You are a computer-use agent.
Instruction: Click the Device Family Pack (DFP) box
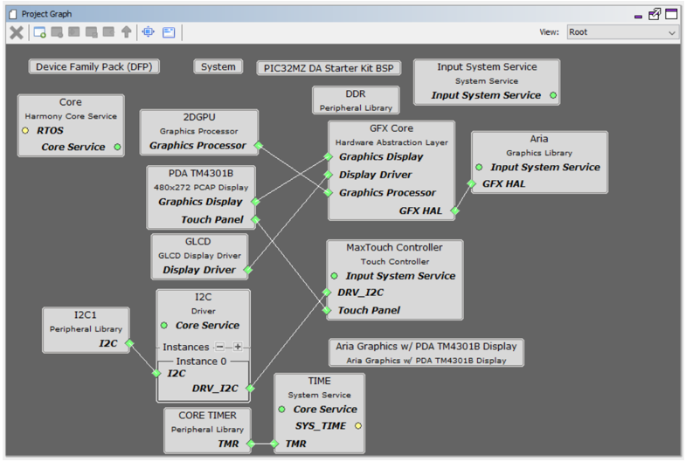pos(94,67)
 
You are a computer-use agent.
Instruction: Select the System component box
pos(218,67)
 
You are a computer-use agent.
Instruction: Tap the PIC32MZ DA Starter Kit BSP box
pos(329,68)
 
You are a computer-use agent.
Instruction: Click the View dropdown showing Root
pos(622,32)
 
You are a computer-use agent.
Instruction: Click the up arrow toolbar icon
pos(126,32)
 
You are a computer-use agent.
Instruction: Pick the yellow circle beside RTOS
pos(25,130)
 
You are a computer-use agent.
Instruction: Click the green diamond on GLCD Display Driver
pos(248,270)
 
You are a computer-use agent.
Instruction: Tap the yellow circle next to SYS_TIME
pos(358,425)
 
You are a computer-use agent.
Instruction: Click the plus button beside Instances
pos(238,347)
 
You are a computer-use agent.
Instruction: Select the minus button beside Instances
pos(219,347)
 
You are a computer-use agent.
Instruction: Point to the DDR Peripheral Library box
pos(356,100)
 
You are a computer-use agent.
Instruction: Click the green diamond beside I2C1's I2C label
pos(129,343)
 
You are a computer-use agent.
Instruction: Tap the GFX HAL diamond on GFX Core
pos(455,211)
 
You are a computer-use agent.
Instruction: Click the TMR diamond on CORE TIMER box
pos(251,444)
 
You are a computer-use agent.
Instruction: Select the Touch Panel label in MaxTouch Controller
pos(369,310)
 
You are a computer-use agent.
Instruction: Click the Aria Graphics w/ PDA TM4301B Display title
pos(426,346)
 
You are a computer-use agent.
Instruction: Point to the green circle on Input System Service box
pos(553,95)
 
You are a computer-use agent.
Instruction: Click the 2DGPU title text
pos(199,117)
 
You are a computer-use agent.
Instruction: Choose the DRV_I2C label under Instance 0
pos(215,388)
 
